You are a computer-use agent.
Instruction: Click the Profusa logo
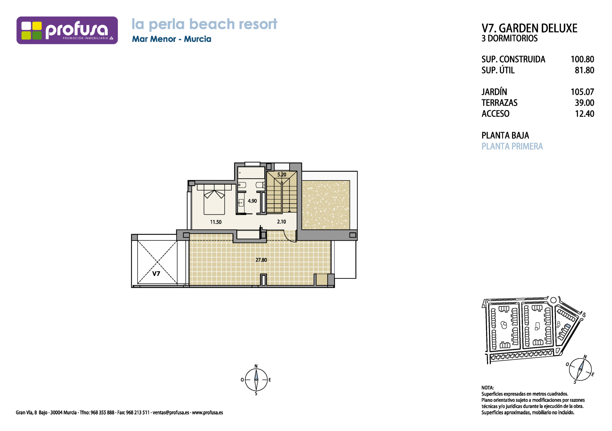point(67,30)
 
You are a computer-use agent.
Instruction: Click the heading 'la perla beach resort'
point(204,24)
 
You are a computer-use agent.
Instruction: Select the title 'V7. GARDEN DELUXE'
point(529,28)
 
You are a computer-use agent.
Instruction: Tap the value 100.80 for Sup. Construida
point(582,59)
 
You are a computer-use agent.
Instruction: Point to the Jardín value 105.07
point(582,92)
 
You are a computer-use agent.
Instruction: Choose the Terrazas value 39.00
point(585,103)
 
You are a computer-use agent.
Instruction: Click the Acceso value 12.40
point(585,114)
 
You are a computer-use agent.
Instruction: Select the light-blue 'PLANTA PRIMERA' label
point(512,146)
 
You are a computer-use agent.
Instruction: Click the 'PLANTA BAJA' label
point(505,135)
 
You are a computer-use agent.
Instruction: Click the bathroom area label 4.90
point(252,201)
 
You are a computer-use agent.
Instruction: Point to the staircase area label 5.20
point(282,175)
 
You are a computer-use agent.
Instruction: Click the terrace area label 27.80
point(261,260)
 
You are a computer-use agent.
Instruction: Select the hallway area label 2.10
point(281,222)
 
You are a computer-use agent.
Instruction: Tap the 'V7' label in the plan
point(156,274)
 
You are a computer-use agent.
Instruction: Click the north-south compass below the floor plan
point(256,380)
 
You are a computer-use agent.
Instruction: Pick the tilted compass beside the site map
point(580,369)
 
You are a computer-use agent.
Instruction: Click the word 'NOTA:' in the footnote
point(487,388)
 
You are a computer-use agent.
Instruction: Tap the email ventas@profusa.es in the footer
point(171,413)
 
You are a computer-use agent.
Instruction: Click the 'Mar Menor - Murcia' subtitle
point(172,39)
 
